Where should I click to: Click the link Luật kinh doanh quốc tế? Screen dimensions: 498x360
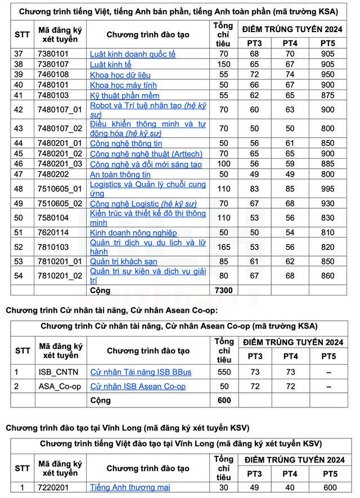click(133, 55)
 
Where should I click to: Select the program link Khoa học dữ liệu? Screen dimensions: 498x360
click(120, 75)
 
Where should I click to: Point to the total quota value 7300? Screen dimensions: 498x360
click(223, 290)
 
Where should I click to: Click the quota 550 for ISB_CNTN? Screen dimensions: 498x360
click(223, 373)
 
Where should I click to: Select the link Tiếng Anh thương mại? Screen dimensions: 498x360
click(130, 487)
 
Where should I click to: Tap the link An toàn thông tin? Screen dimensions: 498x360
click(120, 174)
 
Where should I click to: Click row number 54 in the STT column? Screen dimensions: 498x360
click(19, 276)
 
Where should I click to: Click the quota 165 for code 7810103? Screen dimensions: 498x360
click(223, 247)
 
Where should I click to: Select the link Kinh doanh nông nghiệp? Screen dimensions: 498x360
click(133, 232)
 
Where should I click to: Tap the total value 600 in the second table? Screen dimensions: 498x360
click(223, 401)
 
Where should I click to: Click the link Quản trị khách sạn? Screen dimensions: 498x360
click(124, 261)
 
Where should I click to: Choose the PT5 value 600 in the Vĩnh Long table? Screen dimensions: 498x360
click(330, 487)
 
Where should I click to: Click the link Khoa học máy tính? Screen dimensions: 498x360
click(123, 85)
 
